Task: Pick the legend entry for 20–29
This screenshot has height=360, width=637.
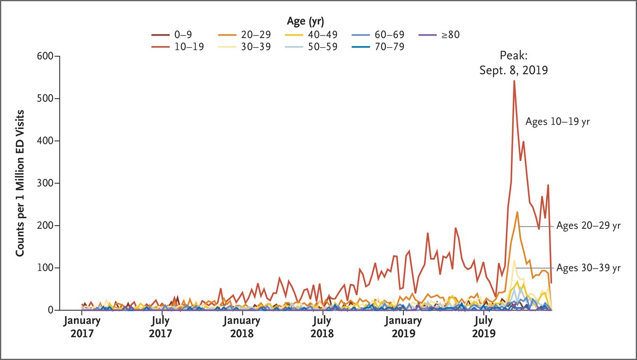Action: [x=244, y=35]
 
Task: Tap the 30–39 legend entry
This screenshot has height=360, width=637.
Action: [x=244, y=46]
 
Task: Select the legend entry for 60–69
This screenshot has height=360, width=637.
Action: [x=378, y=35]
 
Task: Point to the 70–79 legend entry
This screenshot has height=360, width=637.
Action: [x=378, y=46]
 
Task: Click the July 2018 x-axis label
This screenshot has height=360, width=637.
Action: [x=322, y=327]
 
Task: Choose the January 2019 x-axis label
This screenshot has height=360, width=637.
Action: [x=403, y=327]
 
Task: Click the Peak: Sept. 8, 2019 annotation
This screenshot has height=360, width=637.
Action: [x=514, y=62]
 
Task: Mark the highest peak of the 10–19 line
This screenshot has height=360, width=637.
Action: [x=514, y=81]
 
